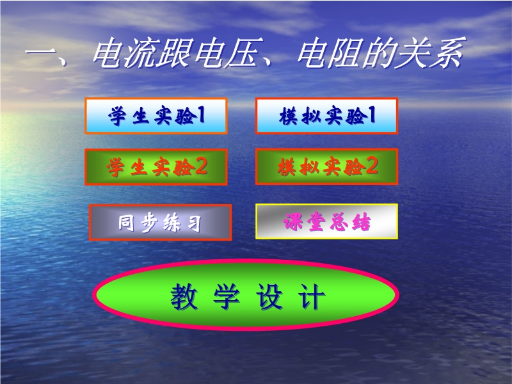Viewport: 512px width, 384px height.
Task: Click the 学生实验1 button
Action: pos(156,116)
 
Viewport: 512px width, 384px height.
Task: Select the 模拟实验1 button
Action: pos(326,116)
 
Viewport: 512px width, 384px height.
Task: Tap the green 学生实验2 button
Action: pos(156,167)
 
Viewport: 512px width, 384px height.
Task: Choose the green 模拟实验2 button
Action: pos(326,167)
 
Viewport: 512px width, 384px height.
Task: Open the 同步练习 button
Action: pos(161,222)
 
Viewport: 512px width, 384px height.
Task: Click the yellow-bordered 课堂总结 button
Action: pos(326,221)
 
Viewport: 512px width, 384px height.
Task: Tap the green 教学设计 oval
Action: pos(246,295)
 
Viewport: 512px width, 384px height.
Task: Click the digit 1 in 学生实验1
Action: pos(201,115)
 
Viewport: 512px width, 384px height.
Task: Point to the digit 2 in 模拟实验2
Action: pos(372,166)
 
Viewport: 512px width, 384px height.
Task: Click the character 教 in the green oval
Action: pos(184,296)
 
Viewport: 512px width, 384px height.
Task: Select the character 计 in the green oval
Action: pos(311,296)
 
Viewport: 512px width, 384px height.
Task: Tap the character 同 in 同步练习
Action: pos(126,223)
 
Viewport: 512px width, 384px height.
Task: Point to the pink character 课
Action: pos(292,222)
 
